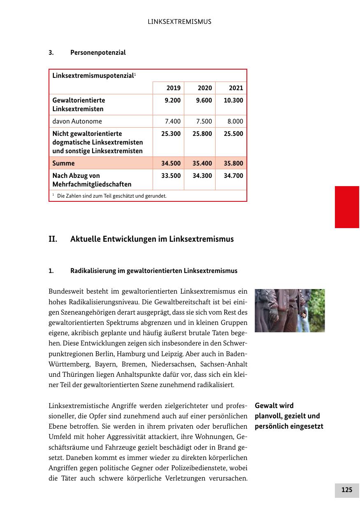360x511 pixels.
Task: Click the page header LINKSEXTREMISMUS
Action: (179, 22)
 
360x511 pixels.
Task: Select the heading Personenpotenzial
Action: (98, 53)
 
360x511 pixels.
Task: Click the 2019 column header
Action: (173, 88)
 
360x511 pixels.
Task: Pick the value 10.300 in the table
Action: (233, 100)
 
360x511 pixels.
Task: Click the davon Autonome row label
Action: (77, 121)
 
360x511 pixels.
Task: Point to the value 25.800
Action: (202, 134)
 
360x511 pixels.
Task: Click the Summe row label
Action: (64, 163)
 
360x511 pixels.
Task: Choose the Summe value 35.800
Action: (233, 163)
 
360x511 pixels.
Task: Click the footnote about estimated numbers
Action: (111, 196)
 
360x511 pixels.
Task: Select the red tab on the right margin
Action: (347, 207)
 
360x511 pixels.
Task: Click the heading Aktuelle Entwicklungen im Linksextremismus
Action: (152, 239)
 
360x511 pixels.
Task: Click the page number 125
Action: (347, 490)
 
